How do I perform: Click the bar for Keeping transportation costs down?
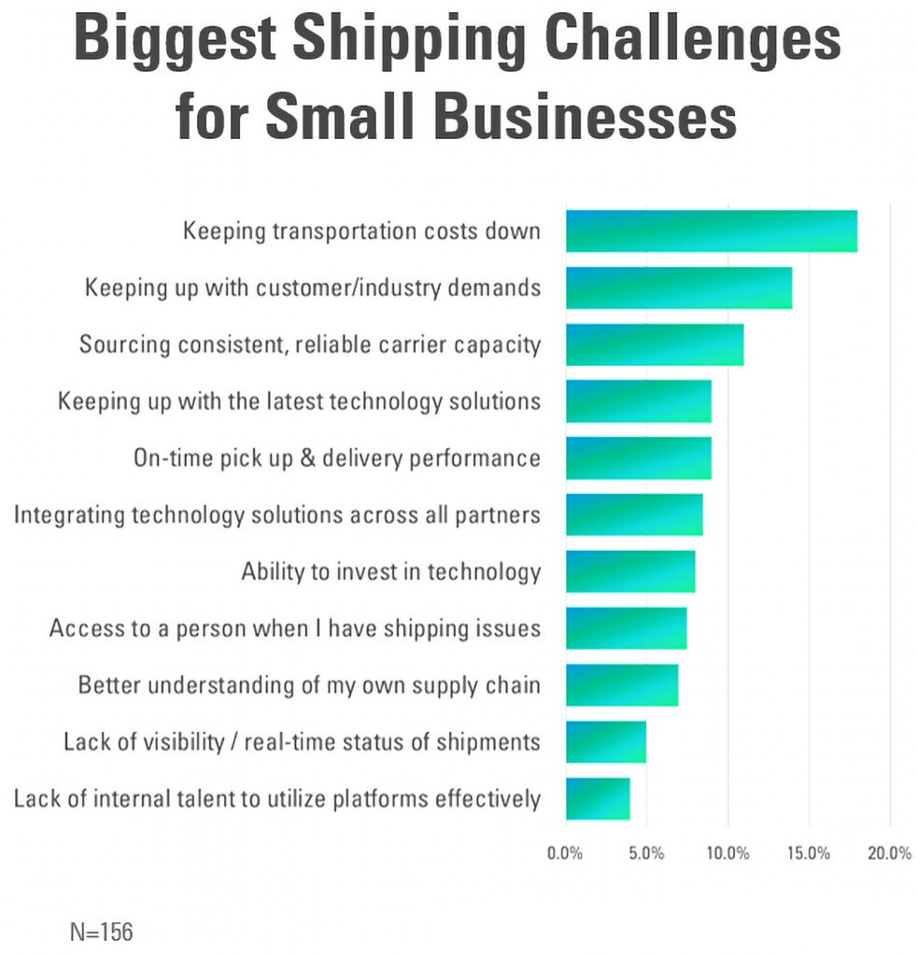point(711,232)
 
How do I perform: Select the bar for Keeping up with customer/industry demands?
point(678,288)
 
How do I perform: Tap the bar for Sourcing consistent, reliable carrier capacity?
point(654,344)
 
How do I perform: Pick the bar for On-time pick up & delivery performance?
point(638,458)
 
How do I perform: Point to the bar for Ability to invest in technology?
point(630,571)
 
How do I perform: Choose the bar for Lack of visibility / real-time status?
point(605,741)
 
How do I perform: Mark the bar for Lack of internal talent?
point(598,798)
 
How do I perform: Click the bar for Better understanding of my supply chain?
point(622,685)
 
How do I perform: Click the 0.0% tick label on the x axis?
point(565,853)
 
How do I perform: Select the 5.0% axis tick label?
point(646,853)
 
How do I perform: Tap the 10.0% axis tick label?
point(727,853)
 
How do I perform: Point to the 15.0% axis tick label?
point(809,853)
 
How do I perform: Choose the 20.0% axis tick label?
point(889,853)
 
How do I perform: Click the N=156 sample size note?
point(101,931)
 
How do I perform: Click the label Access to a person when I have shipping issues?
point(295,628)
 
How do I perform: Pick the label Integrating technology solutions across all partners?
point(277,514)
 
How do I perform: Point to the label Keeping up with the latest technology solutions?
point(300,401)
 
